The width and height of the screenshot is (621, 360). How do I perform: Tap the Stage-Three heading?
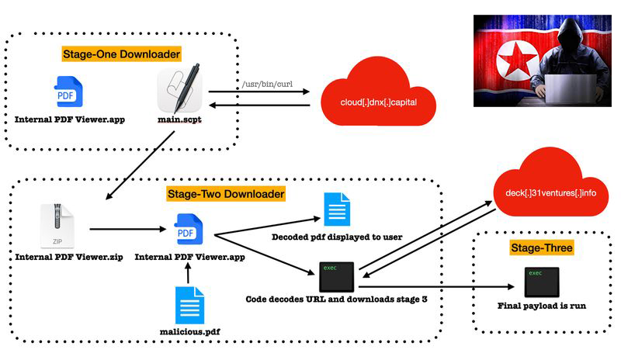point(541,248)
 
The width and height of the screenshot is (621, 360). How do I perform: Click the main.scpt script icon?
point(180,92)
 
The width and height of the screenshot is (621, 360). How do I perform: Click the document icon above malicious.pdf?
point(189,303)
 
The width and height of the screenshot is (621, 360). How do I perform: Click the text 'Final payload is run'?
point(541,306)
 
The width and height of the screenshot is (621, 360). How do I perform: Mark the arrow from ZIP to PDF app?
point(124,230)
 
